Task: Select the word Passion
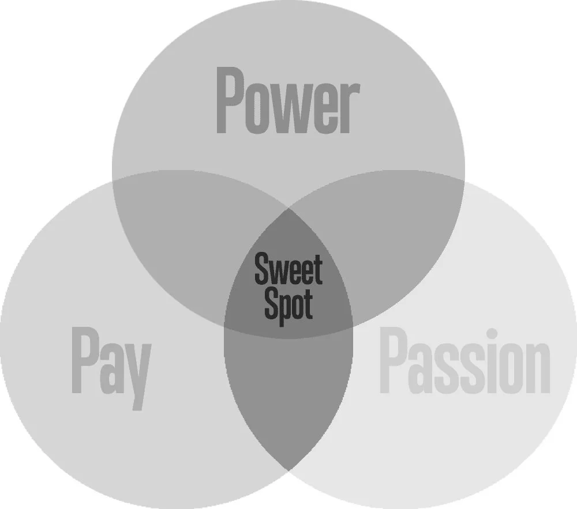click(464, 361)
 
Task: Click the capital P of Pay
click(83, 362)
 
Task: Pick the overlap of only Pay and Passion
click(288, 392)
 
